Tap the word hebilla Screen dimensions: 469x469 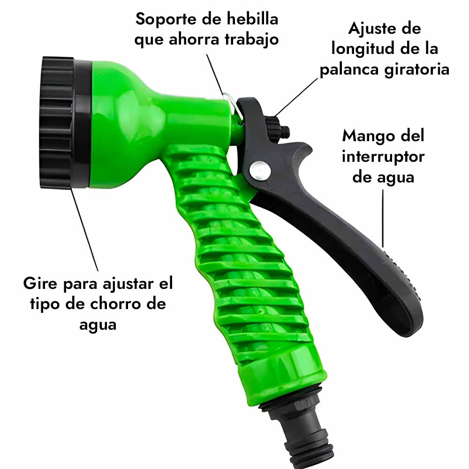252,19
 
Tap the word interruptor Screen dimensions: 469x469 383,157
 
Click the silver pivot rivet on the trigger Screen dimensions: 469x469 260,171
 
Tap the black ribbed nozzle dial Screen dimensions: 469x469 57,122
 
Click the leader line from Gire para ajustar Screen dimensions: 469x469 84,230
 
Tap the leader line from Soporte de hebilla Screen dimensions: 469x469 215,75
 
